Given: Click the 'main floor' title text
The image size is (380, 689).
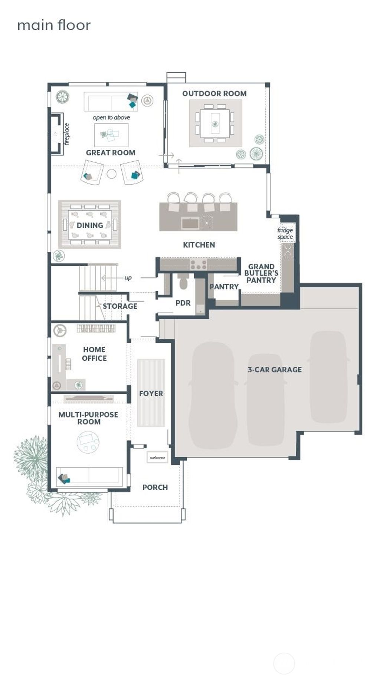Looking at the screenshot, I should tap(54, 25).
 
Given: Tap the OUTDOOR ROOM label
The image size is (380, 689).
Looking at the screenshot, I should tap(214, 93).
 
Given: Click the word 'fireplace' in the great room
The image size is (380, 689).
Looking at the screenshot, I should tap(66, 134).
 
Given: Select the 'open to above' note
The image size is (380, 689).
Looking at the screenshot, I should tap(111, 118).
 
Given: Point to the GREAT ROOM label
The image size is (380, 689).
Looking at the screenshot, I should tap(111, 152).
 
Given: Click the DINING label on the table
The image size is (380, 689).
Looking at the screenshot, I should tap(90, 225).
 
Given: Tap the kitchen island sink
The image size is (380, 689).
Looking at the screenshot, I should tap(190, 223).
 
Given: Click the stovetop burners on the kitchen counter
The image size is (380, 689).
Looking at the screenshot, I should tap(199, 265).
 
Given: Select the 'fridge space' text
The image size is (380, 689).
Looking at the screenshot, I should tap(285, 234).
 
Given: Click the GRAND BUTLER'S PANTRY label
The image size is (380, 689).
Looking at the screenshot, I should tap(261, 273).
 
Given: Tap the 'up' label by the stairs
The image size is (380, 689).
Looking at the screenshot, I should tap(128, 277).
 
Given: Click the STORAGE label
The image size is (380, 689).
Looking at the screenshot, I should tap(120, 306).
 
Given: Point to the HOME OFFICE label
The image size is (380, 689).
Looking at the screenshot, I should tap(94, 354).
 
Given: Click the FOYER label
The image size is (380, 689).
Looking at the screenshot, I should tap(151, 393).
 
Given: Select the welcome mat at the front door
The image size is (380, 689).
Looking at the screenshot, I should tap(157, 458).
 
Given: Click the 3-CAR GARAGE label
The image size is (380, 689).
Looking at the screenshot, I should tap(275, 369).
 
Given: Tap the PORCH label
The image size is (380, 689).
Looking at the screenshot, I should tap(155, 487).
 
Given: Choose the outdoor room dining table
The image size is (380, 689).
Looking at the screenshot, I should tap(215, 123).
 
